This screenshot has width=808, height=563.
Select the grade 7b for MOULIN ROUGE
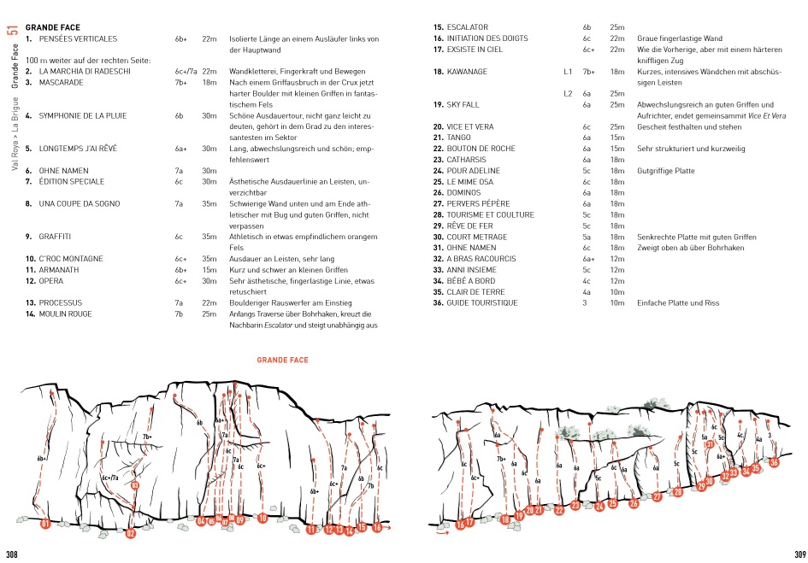(x=179, y=314)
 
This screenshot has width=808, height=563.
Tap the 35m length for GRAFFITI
(x=209, y=236)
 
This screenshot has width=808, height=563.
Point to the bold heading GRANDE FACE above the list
(x=53, y=28)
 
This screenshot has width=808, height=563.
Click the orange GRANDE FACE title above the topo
(x=282, y=361)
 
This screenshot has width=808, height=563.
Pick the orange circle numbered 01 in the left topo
(x=45, y=524)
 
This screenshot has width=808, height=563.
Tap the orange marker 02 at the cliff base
(x=130, y=534)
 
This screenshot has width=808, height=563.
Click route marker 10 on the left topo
(x=262, y=518)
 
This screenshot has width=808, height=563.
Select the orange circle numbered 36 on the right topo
(x=774, y=462)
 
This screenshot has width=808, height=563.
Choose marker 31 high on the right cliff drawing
(x=710, y=443)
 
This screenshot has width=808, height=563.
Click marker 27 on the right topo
(x=657, y=496)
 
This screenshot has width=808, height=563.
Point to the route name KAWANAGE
(x=467, y=72)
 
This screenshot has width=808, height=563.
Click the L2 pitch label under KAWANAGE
(x=568, y=93)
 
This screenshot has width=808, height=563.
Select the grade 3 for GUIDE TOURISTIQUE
(x=585, y=302)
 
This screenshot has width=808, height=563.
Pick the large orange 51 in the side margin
(x=12, y=31)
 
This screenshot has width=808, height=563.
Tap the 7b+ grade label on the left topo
(x=147, y=437)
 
